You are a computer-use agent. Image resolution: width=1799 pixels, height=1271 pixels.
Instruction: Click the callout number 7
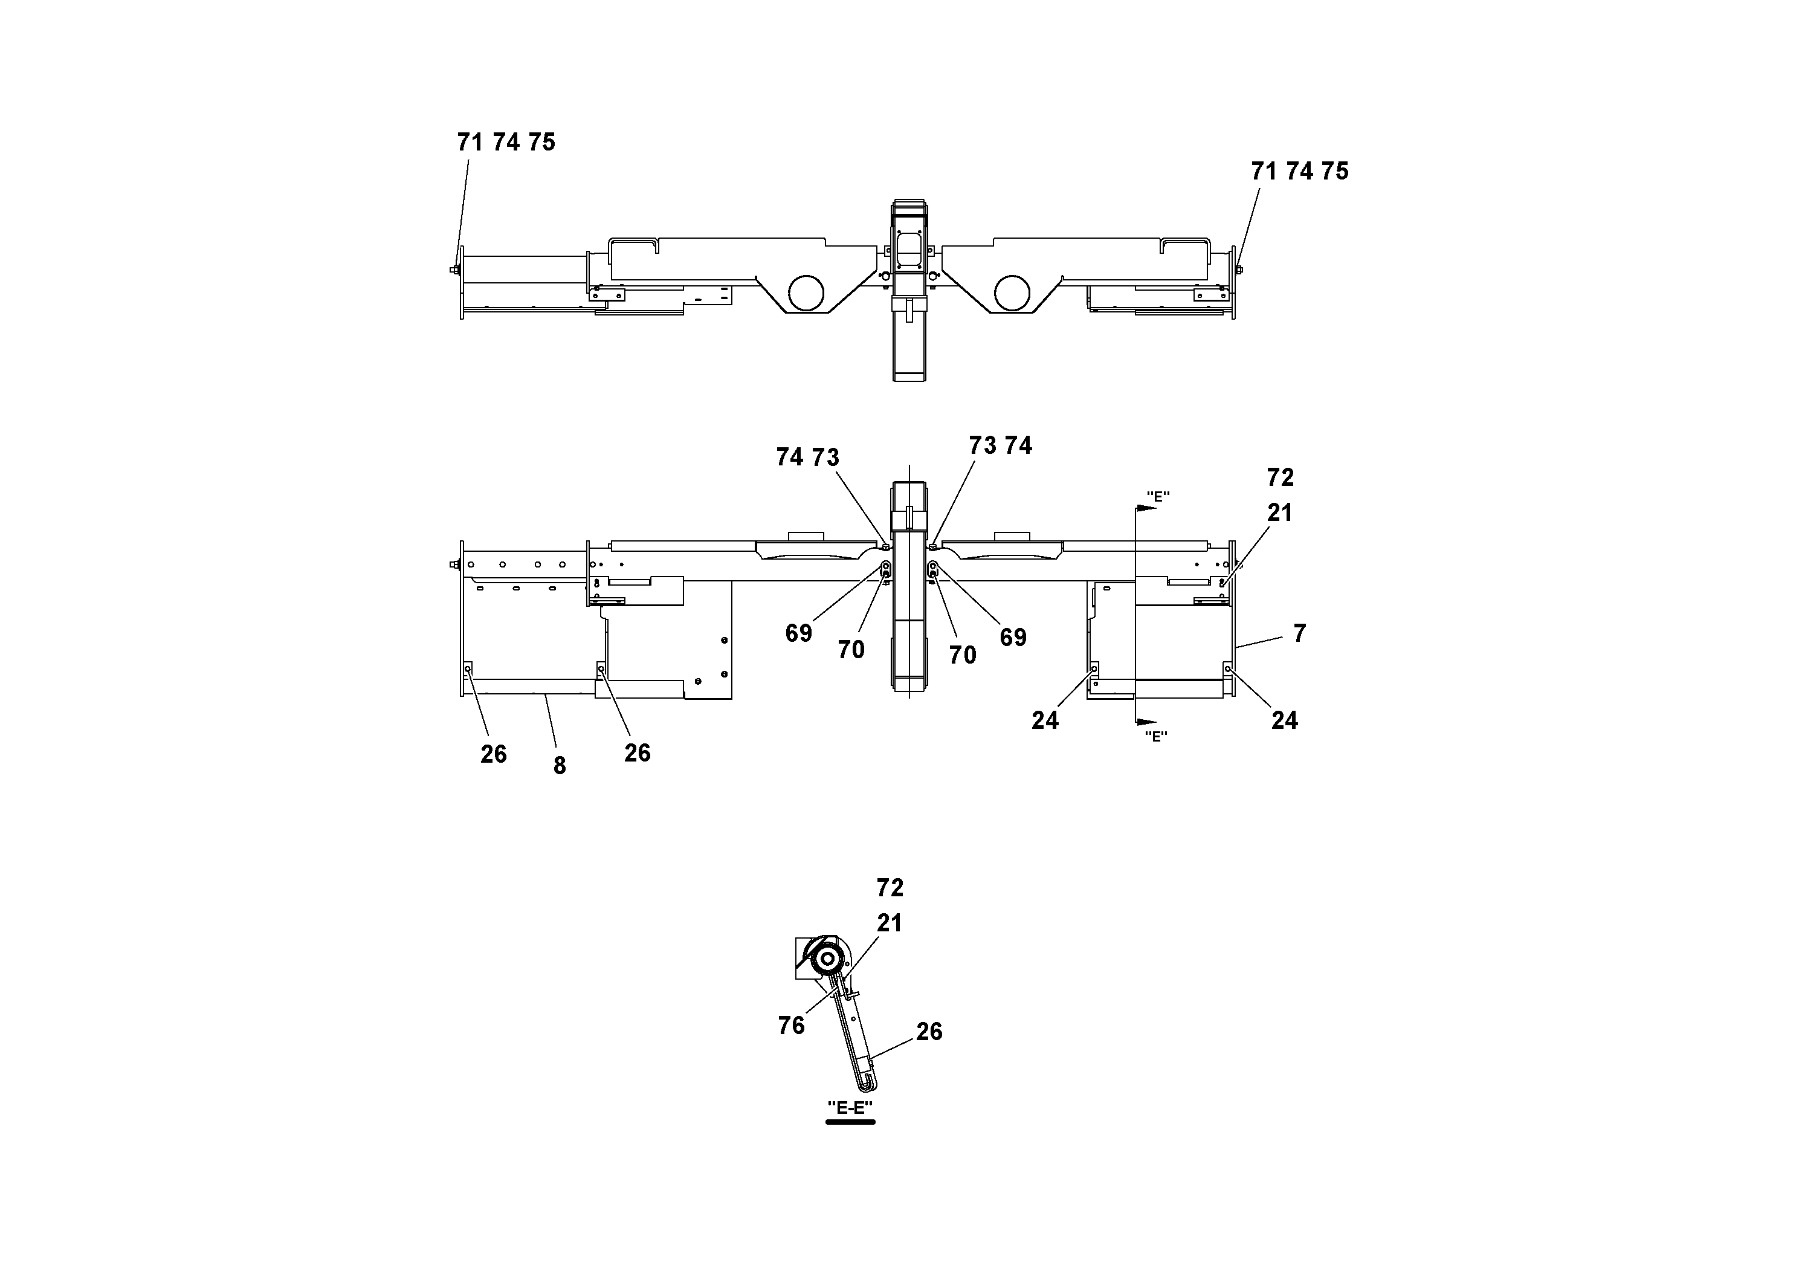click(1299, 633)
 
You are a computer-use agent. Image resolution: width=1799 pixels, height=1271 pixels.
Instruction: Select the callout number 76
click(792, 1025)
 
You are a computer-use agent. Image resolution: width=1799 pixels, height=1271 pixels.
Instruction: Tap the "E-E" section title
click(850, 1107)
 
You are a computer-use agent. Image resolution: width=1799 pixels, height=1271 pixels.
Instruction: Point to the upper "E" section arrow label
click(1157, 496)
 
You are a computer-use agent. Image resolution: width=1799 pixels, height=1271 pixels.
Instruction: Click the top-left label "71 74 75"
click(506, 143)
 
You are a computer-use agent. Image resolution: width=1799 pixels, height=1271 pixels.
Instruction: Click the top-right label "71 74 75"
click(1300, 171)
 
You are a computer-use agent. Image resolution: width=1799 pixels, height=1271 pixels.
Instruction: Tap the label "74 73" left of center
click(807, 458)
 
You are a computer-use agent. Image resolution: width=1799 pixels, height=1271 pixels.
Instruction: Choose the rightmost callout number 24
click(1284, 720)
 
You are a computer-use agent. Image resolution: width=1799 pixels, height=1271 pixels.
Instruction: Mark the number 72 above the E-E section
click(890, 888)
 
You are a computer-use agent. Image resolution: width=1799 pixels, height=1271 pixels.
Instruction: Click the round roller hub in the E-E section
click(827, 961)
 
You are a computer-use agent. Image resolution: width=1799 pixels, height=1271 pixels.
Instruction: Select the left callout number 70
click(851, 650)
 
